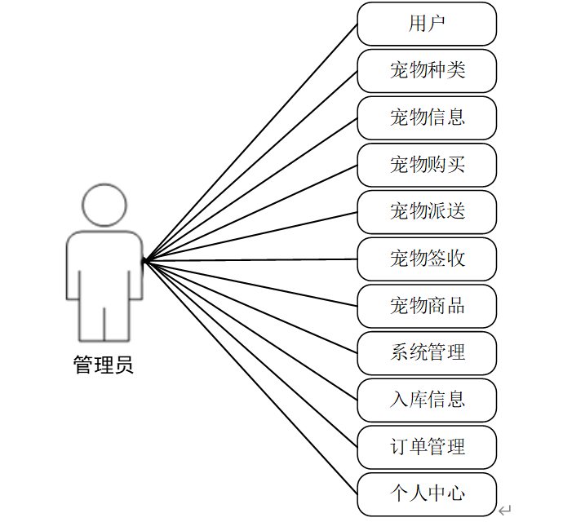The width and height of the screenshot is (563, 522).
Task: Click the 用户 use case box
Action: [x=427, y=24]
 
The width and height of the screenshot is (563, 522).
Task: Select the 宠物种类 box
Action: [x=427, y=71]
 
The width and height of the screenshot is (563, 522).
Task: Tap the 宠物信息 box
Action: [x=427, y=117]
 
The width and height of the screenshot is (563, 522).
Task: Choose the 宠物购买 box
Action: [x=427, y=165]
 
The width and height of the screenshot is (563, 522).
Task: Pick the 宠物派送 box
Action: [x=427, y=212]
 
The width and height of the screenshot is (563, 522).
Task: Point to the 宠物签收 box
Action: [x=427, y=259]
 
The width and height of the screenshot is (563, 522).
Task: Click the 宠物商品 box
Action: [x=427, y=306]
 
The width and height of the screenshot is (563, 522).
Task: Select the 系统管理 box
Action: [x=427, y=353]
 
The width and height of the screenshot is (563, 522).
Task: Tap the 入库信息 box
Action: [x=427, y=400]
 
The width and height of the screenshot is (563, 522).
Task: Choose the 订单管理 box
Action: [x=427, y=447]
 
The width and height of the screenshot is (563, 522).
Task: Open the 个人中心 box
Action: [x=427, y=494]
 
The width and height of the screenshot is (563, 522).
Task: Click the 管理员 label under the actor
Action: [x=104, y=365]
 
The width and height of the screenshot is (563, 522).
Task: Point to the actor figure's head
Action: [x=104, y=206]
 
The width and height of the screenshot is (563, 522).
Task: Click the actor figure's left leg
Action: [x=91, y=322]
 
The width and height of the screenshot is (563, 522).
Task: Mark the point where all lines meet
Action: [x=144, y=262]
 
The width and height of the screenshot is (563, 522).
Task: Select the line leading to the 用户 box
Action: [x=250, y=143]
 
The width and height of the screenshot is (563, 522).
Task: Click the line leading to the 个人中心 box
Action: [x=250, y=378]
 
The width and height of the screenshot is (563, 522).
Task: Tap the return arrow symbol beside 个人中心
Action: [x=505, y=510]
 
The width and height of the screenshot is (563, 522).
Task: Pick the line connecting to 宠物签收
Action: [x=250, y=261]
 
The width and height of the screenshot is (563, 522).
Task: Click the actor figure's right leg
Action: [x=117, y=322]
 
